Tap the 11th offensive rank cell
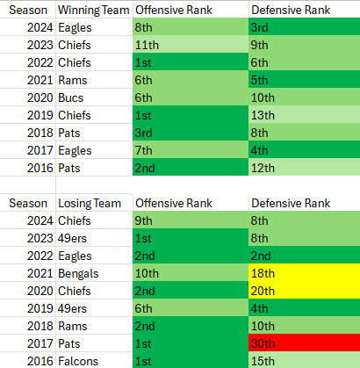[190, 45]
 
